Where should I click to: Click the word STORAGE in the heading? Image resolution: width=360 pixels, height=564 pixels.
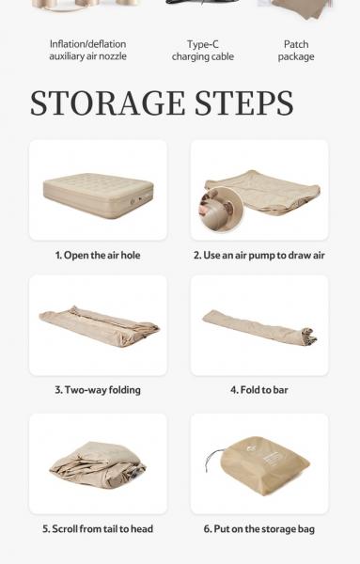[x=107, y=103]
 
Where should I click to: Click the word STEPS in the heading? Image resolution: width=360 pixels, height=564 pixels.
[x=244, y=103]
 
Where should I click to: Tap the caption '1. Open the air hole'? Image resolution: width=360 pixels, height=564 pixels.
[x=98, y=256]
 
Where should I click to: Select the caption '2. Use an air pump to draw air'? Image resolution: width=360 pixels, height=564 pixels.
[x=259, y=256]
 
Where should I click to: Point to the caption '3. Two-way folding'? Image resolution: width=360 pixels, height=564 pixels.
[x=98, y=390]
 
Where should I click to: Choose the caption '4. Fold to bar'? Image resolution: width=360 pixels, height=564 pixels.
[x=259, y=390]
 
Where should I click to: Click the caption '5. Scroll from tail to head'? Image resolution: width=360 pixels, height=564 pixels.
[x=98, y=529]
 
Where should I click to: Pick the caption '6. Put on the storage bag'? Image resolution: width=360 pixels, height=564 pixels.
[x=259, y=529]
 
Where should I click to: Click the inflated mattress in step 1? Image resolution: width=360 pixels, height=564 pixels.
[x=98, y=196]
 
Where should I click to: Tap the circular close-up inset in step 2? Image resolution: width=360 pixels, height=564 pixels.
[x=221, y=210]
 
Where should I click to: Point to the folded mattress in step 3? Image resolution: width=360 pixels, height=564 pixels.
[x=99, y=326]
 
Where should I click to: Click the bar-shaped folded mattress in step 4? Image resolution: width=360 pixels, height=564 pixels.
[x=259, y=327]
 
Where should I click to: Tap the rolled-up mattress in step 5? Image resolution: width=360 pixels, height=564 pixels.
[x=98, y=464]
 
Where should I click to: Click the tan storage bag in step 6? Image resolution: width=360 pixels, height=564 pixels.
[x=264, y=466]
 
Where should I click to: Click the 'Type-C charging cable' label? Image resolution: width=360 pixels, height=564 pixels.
[x=203, y=51]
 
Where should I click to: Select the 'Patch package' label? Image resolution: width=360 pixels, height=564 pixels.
[x=296, y=51]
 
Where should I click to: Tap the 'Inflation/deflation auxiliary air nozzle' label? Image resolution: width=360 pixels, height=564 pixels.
[x=87, y=50]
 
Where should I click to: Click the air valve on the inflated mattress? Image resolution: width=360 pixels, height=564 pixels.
[x=133, y=201]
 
